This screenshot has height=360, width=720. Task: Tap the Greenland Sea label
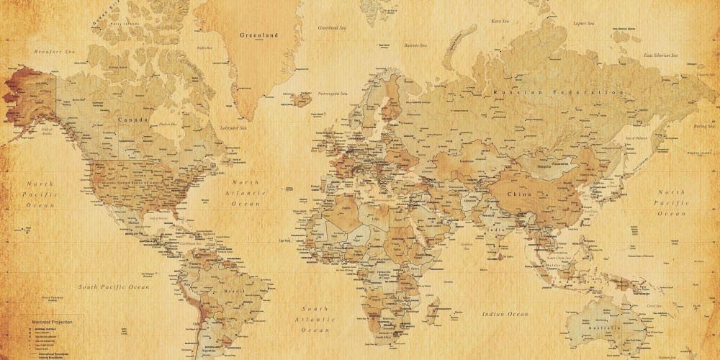333,27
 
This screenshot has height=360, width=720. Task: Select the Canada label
133,120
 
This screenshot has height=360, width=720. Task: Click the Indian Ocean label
505,314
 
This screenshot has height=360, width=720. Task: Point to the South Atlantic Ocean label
315,319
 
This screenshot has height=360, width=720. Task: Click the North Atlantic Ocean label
245,193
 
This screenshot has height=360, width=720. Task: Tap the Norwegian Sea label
333,94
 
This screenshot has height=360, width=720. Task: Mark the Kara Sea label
500,21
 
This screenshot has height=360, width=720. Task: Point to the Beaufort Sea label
55,53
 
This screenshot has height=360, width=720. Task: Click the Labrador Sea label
233,128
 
